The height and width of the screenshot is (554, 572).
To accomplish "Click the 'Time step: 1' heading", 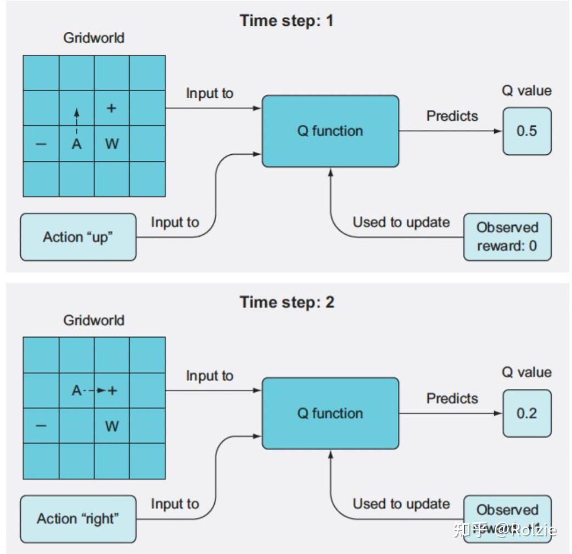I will tap(286, 21).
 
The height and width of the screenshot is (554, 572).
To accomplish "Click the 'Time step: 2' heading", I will tap(286, 302).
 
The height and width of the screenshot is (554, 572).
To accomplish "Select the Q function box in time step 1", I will tap(330, 131).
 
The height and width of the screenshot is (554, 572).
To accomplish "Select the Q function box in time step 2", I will tap(330, 413).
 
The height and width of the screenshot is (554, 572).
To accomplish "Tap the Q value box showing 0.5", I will tap(526, 131).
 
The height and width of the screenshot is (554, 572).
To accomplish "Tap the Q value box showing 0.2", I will tap(526, 413).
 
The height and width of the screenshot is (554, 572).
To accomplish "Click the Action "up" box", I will tap(78, 237).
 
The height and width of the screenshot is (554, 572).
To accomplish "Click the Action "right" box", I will tap(78, 519).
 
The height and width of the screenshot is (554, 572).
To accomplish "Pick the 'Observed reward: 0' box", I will tap(507, 237).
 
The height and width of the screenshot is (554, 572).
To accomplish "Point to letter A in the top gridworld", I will tap(77, 144).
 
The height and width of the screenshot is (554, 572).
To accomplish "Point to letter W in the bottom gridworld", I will tap(112, 426).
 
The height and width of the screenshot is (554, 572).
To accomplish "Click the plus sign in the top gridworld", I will tap(111, 108).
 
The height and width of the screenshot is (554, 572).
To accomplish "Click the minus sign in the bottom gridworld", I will tap(41, 426).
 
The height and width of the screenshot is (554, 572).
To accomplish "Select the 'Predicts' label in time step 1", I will tap(452, 116).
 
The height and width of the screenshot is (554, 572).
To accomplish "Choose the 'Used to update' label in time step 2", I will tap(401, 503).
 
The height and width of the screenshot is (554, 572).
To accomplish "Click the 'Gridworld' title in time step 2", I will tap(94, 320).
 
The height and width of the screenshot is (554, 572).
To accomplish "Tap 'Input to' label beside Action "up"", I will tap(175, 222).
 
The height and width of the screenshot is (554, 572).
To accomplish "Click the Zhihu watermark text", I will tap(504, 530).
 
